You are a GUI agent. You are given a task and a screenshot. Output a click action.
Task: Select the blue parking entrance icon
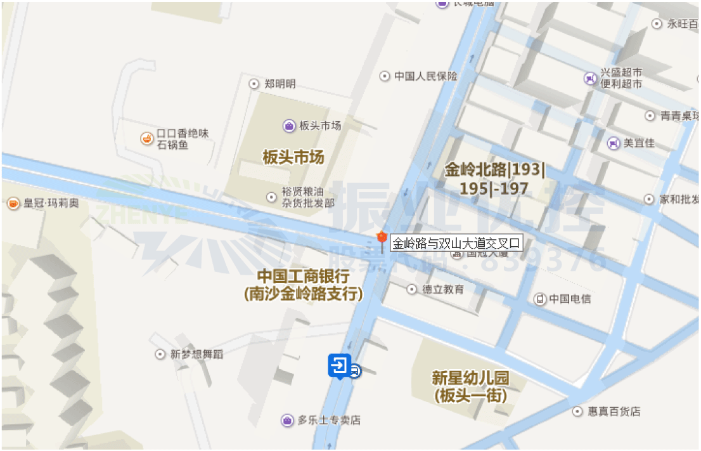339,366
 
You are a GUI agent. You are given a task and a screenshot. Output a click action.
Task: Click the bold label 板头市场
293,157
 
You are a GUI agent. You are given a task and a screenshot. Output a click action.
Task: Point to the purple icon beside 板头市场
289,126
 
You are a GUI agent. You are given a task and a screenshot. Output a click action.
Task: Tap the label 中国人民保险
425,76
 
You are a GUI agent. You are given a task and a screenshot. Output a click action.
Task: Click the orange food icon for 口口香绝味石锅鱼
146,137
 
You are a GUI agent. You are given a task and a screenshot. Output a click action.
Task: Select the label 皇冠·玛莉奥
51,204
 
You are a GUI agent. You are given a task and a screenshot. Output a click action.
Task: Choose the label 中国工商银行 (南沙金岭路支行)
303,285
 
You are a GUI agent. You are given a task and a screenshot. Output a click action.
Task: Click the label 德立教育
443,289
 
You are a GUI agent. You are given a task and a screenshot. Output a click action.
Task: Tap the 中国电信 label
569,299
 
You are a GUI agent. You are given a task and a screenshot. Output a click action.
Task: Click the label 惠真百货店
614,412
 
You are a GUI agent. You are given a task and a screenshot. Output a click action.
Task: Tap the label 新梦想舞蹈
196,354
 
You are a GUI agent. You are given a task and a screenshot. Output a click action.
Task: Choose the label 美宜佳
638,143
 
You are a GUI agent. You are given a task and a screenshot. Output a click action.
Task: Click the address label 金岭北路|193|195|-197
494,180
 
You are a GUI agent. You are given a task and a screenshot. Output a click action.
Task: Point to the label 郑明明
280,84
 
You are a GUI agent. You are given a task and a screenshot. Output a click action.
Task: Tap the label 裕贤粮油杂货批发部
308,197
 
